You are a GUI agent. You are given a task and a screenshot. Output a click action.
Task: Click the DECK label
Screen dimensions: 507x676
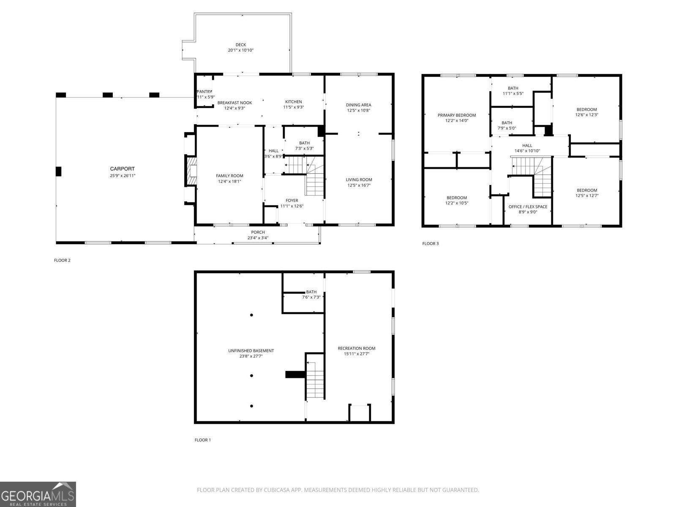[x=240, y=45]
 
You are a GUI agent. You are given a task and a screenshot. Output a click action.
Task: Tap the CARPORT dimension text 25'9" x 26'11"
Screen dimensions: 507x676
[x=122, y=175]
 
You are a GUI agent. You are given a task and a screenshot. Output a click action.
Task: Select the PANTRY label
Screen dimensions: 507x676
[x=204, y=92]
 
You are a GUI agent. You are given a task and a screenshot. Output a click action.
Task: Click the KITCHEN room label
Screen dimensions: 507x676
[x=293, y=102]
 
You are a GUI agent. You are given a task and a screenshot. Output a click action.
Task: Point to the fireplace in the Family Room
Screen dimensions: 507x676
[x=191, y=171]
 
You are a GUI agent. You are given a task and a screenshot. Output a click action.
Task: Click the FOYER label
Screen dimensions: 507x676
[x=292, y=201]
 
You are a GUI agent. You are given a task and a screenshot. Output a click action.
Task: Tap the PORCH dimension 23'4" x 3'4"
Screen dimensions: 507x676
[x=258, y=238]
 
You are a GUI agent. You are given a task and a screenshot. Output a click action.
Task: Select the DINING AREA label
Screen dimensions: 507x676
[x=358, y=105]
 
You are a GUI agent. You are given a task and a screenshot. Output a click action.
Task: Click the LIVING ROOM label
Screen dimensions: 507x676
[x=359, y=180]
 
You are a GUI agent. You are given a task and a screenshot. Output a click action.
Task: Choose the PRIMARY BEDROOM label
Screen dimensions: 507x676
[x=456, y=115]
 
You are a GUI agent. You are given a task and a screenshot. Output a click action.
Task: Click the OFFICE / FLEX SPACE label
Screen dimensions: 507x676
[x=528, y=207]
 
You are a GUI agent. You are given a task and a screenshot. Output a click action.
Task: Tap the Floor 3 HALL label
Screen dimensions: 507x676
[x=527, y=145]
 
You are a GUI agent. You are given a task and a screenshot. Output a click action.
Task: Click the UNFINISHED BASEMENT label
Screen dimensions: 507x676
[x=251, y=351]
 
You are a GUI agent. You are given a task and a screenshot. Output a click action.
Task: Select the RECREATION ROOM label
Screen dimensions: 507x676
[x=356, y=349]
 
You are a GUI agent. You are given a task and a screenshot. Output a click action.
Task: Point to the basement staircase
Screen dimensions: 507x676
[x=314, y=380]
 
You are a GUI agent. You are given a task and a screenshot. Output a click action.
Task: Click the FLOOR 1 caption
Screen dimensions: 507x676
[x=202, y=440]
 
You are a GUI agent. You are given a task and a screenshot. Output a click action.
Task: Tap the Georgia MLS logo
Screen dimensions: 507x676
[x=38, y=494]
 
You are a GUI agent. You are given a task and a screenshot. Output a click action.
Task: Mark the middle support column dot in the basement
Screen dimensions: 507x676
[x=251, y=376]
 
